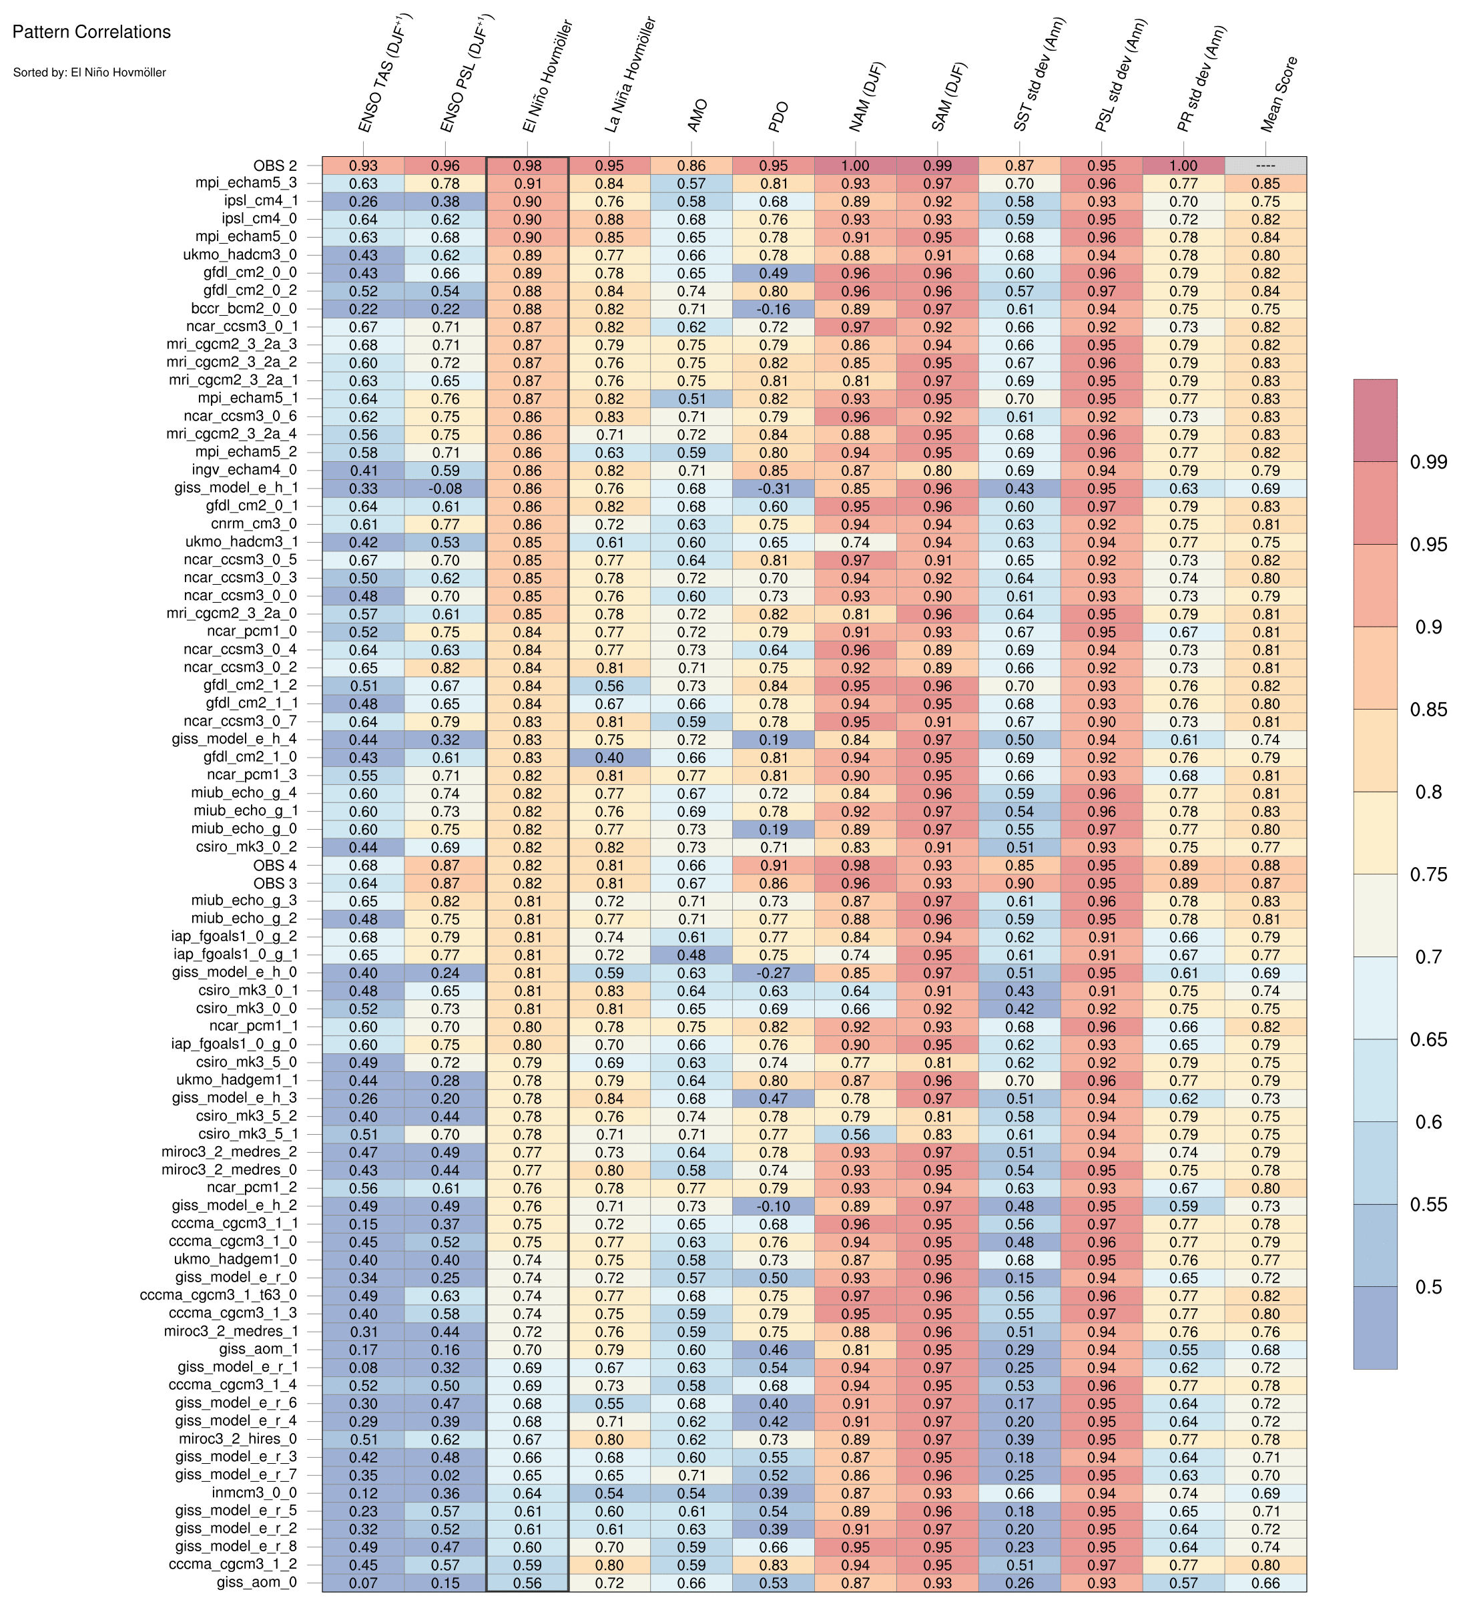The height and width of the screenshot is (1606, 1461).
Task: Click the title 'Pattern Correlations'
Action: click(91, 33)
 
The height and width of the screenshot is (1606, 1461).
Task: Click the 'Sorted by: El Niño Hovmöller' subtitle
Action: click(89, 73)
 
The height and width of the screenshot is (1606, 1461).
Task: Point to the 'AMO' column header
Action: click(696, 115)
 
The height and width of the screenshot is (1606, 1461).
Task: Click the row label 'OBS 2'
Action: click(275, 166)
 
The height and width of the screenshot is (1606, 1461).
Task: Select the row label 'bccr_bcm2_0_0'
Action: click(244, 309)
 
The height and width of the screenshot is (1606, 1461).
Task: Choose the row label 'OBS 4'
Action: click(275, 865)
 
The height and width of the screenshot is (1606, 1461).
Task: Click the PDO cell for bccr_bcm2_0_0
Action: click(773, 309)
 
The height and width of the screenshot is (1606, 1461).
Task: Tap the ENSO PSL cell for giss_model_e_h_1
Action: click(445, 489)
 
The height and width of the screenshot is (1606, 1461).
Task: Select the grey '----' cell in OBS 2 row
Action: click(1265, 166)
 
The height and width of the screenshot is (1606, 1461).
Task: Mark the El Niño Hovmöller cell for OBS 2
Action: click(527, 166)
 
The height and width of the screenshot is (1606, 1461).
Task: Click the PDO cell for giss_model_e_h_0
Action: click(773, 973)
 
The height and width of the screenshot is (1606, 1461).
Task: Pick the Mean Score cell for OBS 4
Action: click(1265, 865)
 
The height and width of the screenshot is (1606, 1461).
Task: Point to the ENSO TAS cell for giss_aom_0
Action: click(363, 1583)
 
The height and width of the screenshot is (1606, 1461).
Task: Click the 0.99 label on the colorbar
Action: click(1428, 462)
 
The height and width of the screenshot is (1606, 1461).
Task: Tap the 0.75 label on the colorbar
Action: click(1428, 874)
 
